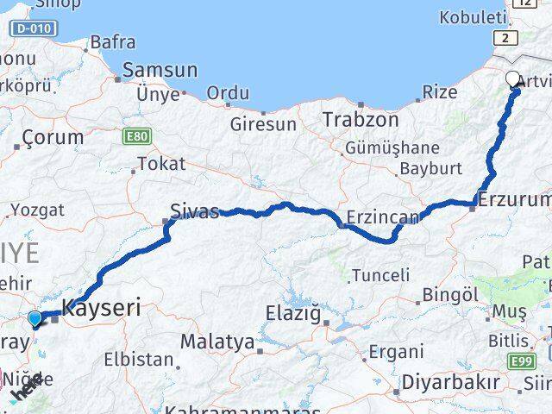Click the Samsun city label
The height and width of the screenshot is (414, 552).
160,71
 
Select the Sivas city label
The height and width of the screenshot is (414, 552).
194,210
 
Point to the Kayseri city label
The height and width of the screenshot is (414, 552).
101,307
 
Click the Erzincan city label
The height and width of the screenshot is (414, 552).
383,216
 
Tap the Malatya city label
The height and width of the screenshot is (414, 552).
218,342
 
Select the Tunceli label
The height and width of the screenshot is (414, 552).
379,275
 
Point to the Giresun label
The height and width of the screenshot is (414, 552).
262,123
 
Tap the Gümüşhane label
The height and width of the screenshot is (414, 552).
392,147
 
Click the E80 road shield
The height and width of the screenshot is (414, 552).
136,136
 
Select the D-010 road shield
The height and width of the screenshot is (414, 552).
34,29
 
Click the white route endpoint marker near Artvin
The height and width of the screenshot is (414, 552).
513,80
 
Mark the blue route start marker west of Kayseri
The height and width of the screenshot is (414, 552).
34,319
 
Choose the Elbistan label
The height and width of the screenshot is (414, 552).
137,358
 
